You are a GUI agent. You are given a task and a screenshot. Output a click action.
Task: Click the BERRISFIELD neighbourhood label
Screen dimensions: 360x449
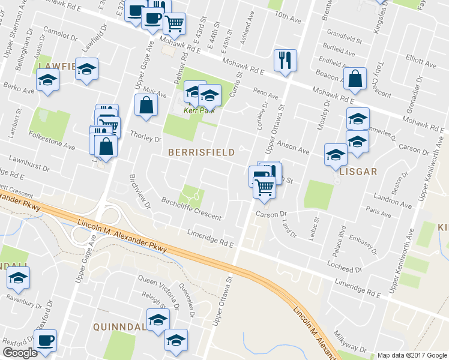click(201, 152)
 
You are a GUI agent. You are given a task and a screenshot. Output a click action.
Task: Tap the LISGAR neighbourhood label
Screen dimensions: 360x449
click(357, 171)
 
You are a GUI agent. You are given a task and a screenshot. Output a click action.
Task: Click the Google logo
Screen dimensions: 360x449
click(20, 353)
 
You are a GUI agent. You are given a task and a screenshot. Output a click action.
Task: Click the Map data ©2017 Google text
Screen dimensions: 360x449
click(412, 355)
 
